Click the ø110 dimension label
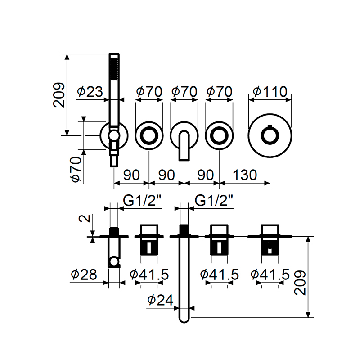pos(270,92)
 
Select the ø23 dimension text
pos(90,92)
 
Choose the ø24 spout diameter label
pos(160,299)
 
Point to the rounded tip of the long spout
pos(184,319)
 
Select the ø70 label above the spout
pos(184,92)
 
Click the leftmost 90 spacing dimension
pos(131,175)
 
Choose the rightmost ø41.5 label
pos(270,274)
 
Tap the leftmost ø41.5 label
pos(149,274)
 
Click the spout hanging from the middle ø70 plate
pos(184,146)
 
